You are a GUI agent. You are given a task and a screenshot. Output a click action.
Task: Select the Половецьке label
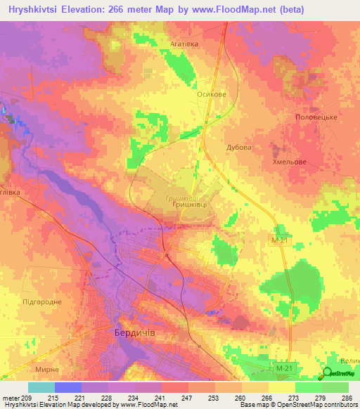click(317, 117)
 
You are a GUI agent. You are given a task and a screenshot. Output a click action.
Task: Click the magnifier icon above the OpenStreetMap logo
click(327, 373)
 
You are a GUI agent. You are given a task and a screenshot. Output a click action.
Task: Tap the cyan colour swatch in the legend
click(41, 387)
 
